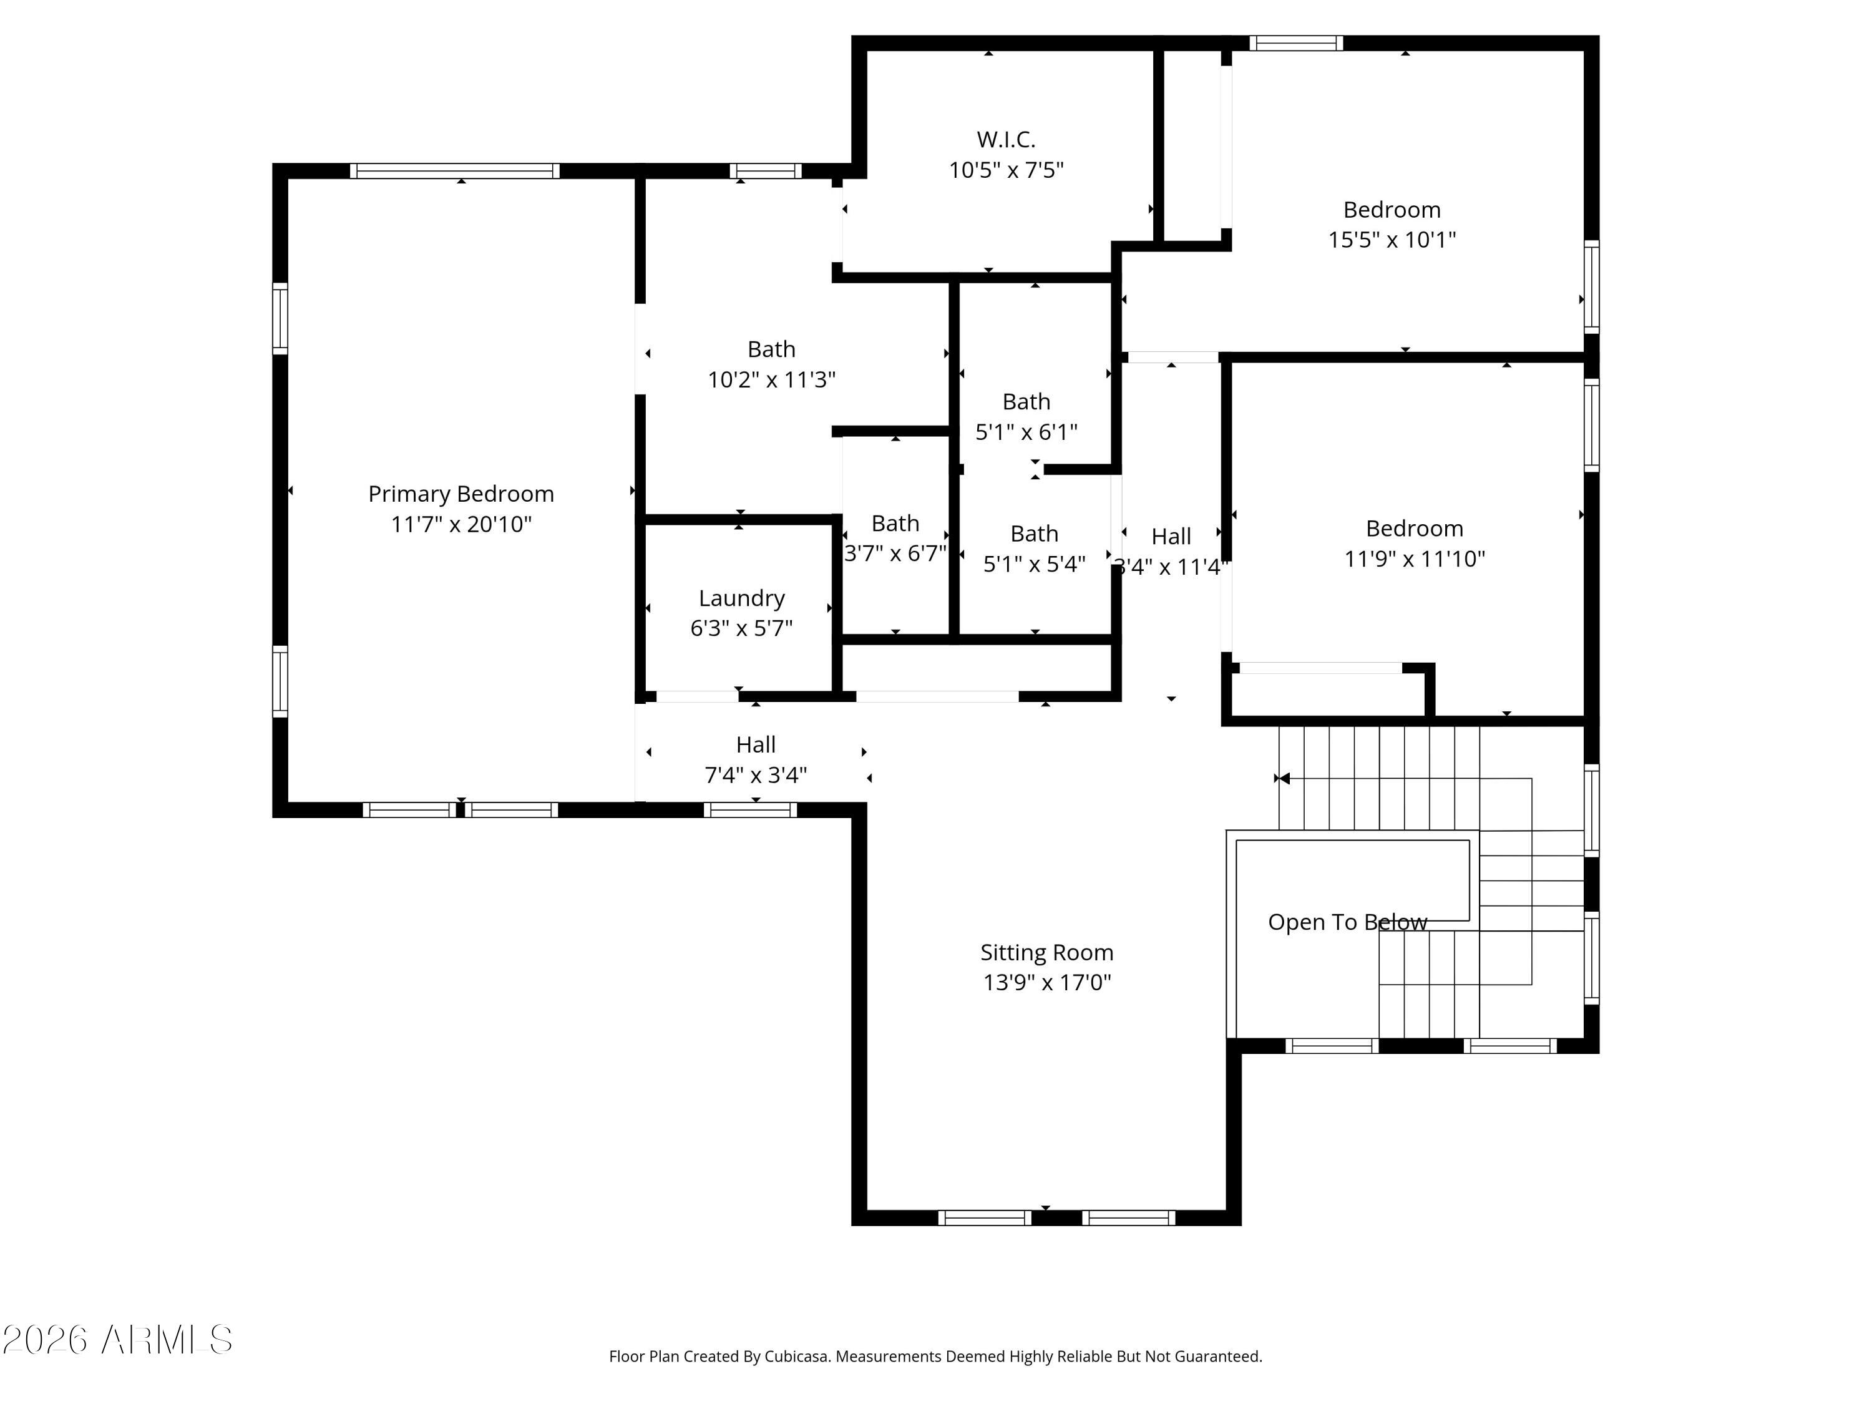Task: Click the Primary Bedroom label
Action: click(x=461, y=494)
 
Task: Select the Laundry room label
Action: click(x=741, y=598)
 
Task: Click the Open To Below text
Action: click(x=1347, y=922)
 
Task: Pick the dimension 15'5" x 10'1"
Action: click(x=1392, y=240)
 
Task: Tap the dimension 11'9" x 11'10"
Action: click(x=1414, y=558)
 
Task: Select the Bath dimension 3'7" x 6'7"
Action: click(x=895, y=553)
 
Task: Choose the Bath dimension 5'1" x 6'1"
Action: click(x=1026, y=432)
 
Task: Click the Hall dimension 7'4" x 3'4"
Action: click(x=755, y=775)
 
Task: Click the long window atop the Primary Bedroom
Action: click(x=454, y=171)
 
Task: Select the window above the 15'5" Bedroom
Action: click(x=1295, y=43)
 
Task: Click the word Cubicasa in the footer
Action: click(x=796, y=1357)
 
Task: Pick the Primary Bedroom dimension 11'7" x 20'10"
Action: click(x=461, y=525)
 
